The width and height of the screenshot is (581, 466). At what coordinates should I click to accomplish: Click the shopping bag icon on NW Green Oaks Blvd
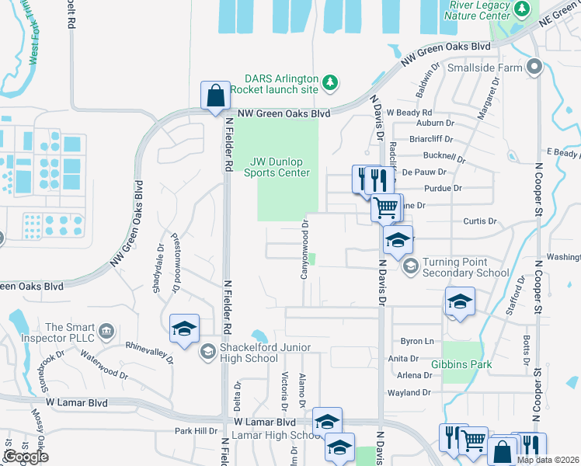pos(215,96)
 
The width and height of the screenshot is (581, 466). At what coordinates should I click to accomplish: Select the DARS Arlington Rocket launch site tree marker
pos(330,82)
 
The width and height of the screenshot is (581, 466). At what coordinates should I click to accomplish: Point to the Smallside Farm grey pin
pos(533,67)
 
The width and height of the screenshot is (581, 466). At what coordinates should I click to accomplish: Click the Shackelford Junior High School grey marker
pos(207,353)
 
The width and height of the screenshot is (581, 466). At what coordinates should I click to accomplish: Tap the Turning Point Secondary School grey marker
pos(410,267)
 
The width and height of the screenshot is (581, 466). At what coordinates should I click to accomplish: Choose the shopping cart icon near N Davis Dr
pos(385,207)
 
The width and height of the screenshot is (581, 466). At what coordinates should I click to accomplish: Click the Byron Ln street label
pos(416,341)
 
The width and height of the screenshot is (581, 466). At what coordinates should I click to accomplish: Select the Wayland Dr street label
pos(409,393)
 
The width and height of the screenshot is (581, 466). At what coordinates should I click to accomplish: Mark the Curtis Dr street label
pos(479,221)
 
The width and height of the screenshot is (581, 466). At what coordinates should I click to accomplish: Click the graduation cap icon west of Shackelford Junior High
pos(183,329)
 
